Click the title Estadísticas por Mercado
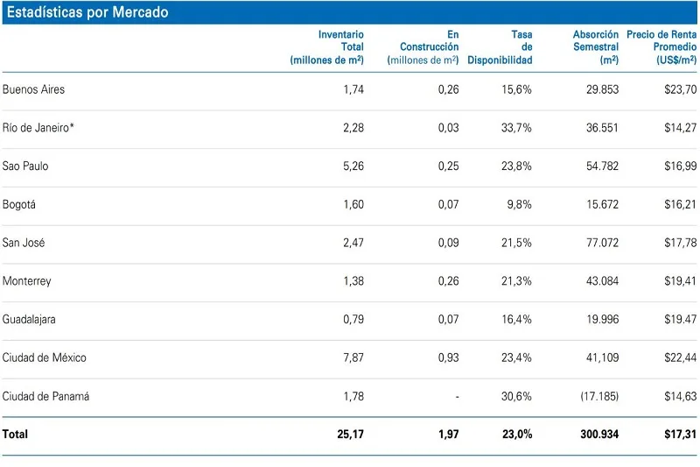(87, 13)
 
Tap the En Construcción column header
(423, 47)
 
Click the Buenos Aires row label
(34, 89)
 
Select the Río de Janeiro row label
(38, 128)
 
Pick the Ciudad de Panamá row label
(45, 396)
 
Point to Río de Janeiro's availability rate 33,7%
(516, 128)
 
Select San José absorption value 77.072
(602, 243)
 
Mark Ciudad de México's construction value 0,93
(448, 357)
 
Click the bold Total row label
(16, 435)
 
